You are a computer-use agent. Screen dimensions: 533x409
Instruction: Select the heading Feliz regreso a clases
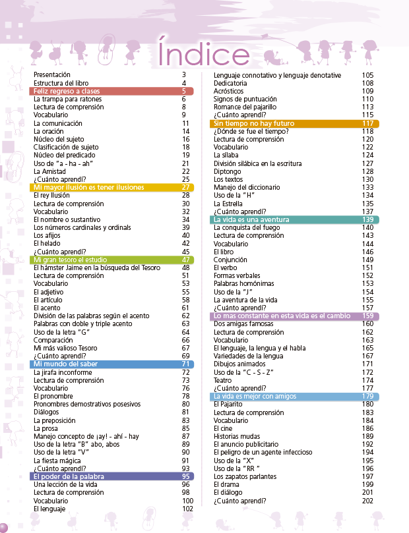[67, 91]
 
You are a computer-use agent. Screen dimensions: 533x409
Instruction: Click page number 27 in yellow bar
[185, 187]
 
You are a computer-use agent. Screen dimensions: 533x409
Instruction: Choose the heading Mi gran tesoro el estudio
[71, 260]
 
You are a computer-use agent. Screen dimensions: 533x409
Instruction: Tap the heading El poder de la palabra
[70, 476]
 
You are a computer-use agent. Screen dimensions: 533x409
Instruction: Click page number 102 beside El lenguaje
[187, 509]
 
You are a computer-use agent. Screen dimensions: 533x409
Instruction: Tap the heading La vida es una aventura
[253, 219]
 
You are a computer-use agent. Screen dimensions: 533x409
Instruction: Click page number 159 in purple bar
[367, 316]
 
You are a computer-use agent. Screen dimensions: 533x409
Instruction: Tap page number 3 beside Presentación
[184, 74]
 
